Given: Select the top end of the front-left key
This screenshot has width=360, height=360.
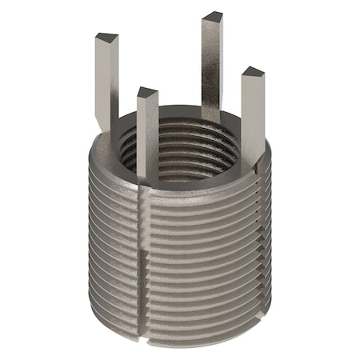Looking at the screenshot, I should point(147,93).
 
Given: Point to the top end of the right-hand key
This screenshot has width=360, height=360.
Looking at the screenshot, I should point(253,72).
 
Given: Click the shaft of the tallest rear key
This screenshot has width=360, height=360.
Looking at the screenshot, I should point(211,64).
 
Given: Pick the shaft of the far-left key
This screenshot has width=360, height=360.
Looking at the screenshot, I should point(106,80).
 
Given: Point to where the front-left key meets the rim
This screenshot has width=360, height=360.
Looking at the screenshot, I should point(147,178).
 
